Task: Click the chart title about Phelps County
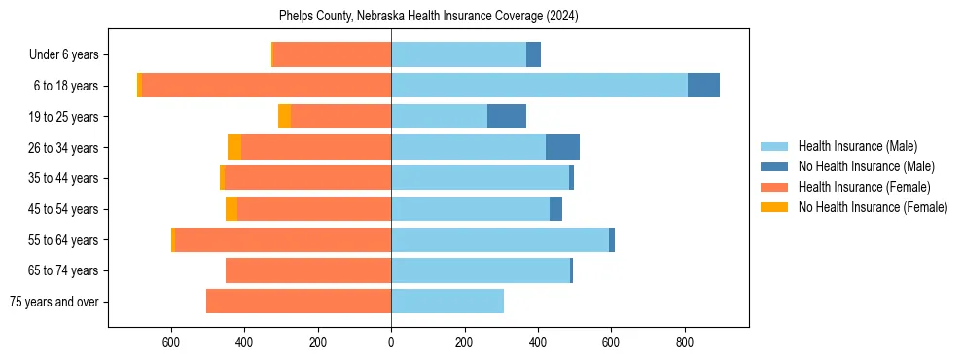429,17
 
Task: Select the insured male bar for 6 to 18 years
539,86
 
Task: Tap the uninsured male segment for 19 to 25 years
506,117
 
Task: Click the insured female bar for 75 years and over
299,302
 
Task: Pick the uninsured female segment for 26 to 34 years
234,147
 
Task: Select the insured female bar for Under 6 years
332,54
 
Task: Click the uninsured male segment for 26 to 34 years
562,147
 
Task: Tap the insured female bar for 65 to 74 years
308,270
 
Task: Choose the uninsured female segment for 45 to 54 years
232,209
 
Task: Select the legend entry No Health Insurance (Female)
873,207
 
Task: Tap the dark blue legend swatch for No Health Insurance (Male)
775,166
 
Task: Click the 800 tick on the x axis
684,342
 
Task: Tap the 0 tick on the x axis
391,342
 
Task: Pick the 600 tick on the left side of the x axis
171,342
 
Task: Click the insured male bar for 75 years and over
447,302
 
